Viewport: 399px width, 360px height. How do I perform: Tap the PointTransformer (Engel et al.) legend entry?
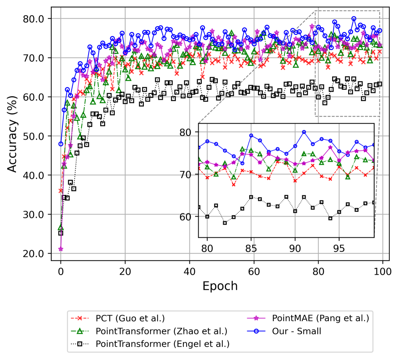click(x=163, y=343)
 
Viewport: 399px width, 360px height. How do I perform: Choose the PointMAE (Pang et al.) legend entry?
click(x=320, y=319)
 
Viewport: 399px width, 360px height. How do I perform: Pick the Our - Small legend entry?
click(x=296, y=331)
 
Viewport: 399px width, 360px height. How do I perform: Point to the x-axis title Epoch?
click(x=220, y=286)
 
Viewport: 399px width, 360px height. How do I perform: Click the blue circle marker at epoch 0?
click(x=61, y=144)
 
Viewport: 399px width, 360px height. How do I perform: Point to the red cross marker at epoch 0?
click(x=61, y=191)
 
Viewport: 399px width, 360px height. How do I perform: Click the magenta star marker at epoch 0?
click(x=61, y=249)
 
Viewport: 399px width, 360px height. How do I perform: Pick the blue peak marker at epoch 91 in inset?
click(x=304, y=132)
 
